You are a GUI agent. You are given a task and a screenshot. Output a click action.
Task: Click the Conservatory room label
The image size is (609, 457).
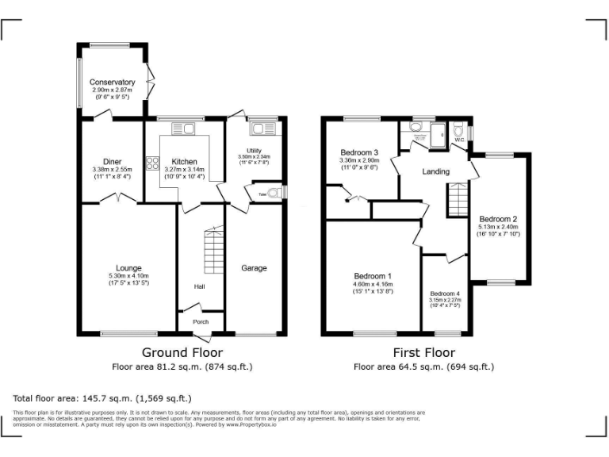[112, 83]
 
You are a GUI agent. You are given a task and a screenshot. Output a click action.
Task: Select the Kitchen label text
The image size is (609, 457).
[184, 162]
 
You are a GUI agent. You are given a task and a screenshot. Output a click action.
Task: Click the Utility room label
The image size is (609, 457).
[254, 150]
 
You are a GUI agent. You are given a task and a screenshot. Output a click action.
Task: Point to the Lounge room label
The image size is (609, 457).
[128, 268]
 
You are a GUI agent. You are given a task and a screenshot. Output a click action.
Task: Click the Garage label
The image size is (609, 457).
[254, 268]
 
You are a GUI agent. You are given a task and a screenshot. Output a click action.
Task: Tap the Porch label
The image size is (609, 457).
[201, 321]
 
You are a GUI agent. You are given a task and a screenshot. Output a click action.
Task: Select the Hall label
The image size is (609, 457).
[200, 286]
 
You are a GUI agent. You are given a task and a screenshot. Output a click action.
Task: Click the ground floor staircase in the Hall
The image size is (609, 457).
[213, 250]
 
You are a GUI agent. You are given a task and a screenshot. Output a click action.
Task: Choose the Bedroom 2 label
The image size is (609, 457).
[498, 219]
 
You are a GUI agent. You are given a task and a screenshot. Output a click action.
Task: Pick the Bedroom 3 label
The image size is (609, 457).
[359, 152]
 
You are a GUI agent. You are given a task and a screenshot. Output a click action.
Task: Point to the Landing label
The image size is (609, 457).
[435, 171]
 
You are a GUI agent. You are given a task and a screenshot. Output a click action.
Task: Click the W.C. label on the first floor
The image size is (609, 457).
[459, 140]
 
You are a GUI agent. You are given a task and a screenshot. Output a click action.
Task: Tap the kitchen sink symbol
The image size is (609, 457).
[178, 129]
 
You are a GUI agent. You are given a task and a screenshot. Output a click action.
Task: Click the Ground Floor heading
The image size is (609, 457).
[182, 352]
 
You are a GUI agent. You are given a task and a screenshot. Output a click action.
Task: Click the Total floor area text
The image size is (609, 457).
[102, 398]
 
